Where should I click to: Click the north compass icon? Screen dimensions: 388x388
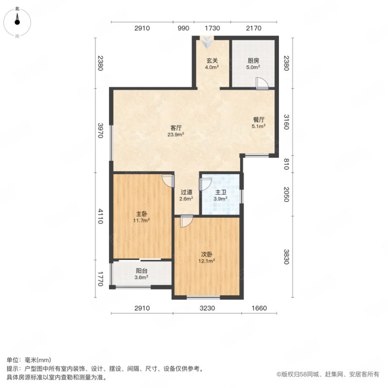click(17, 19)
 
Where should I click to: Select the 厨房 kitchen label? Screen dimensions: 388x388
click(253, 61)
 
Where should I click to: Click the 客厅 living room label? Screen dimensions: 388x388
click(176, 128)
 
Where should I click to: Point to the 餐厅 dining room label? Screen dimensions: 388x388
click(258, 119)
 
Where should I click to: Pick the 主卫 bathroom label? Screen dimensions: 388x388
click(221, 191)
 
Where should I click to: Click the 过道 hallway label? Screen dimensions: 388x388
click(187, 191)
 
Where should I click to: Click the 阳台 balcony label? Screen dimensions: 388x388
click(141, 271)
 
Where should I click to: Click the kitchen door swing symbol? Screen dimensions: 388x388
click(261, 84)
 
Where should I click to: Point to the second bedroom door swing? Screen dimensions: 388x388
click(186, 222)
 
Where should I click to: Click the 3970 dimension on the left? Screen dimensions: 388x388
click(100, 130)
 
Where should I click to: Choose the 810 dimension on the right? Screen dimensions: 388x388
click(286, 165)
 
